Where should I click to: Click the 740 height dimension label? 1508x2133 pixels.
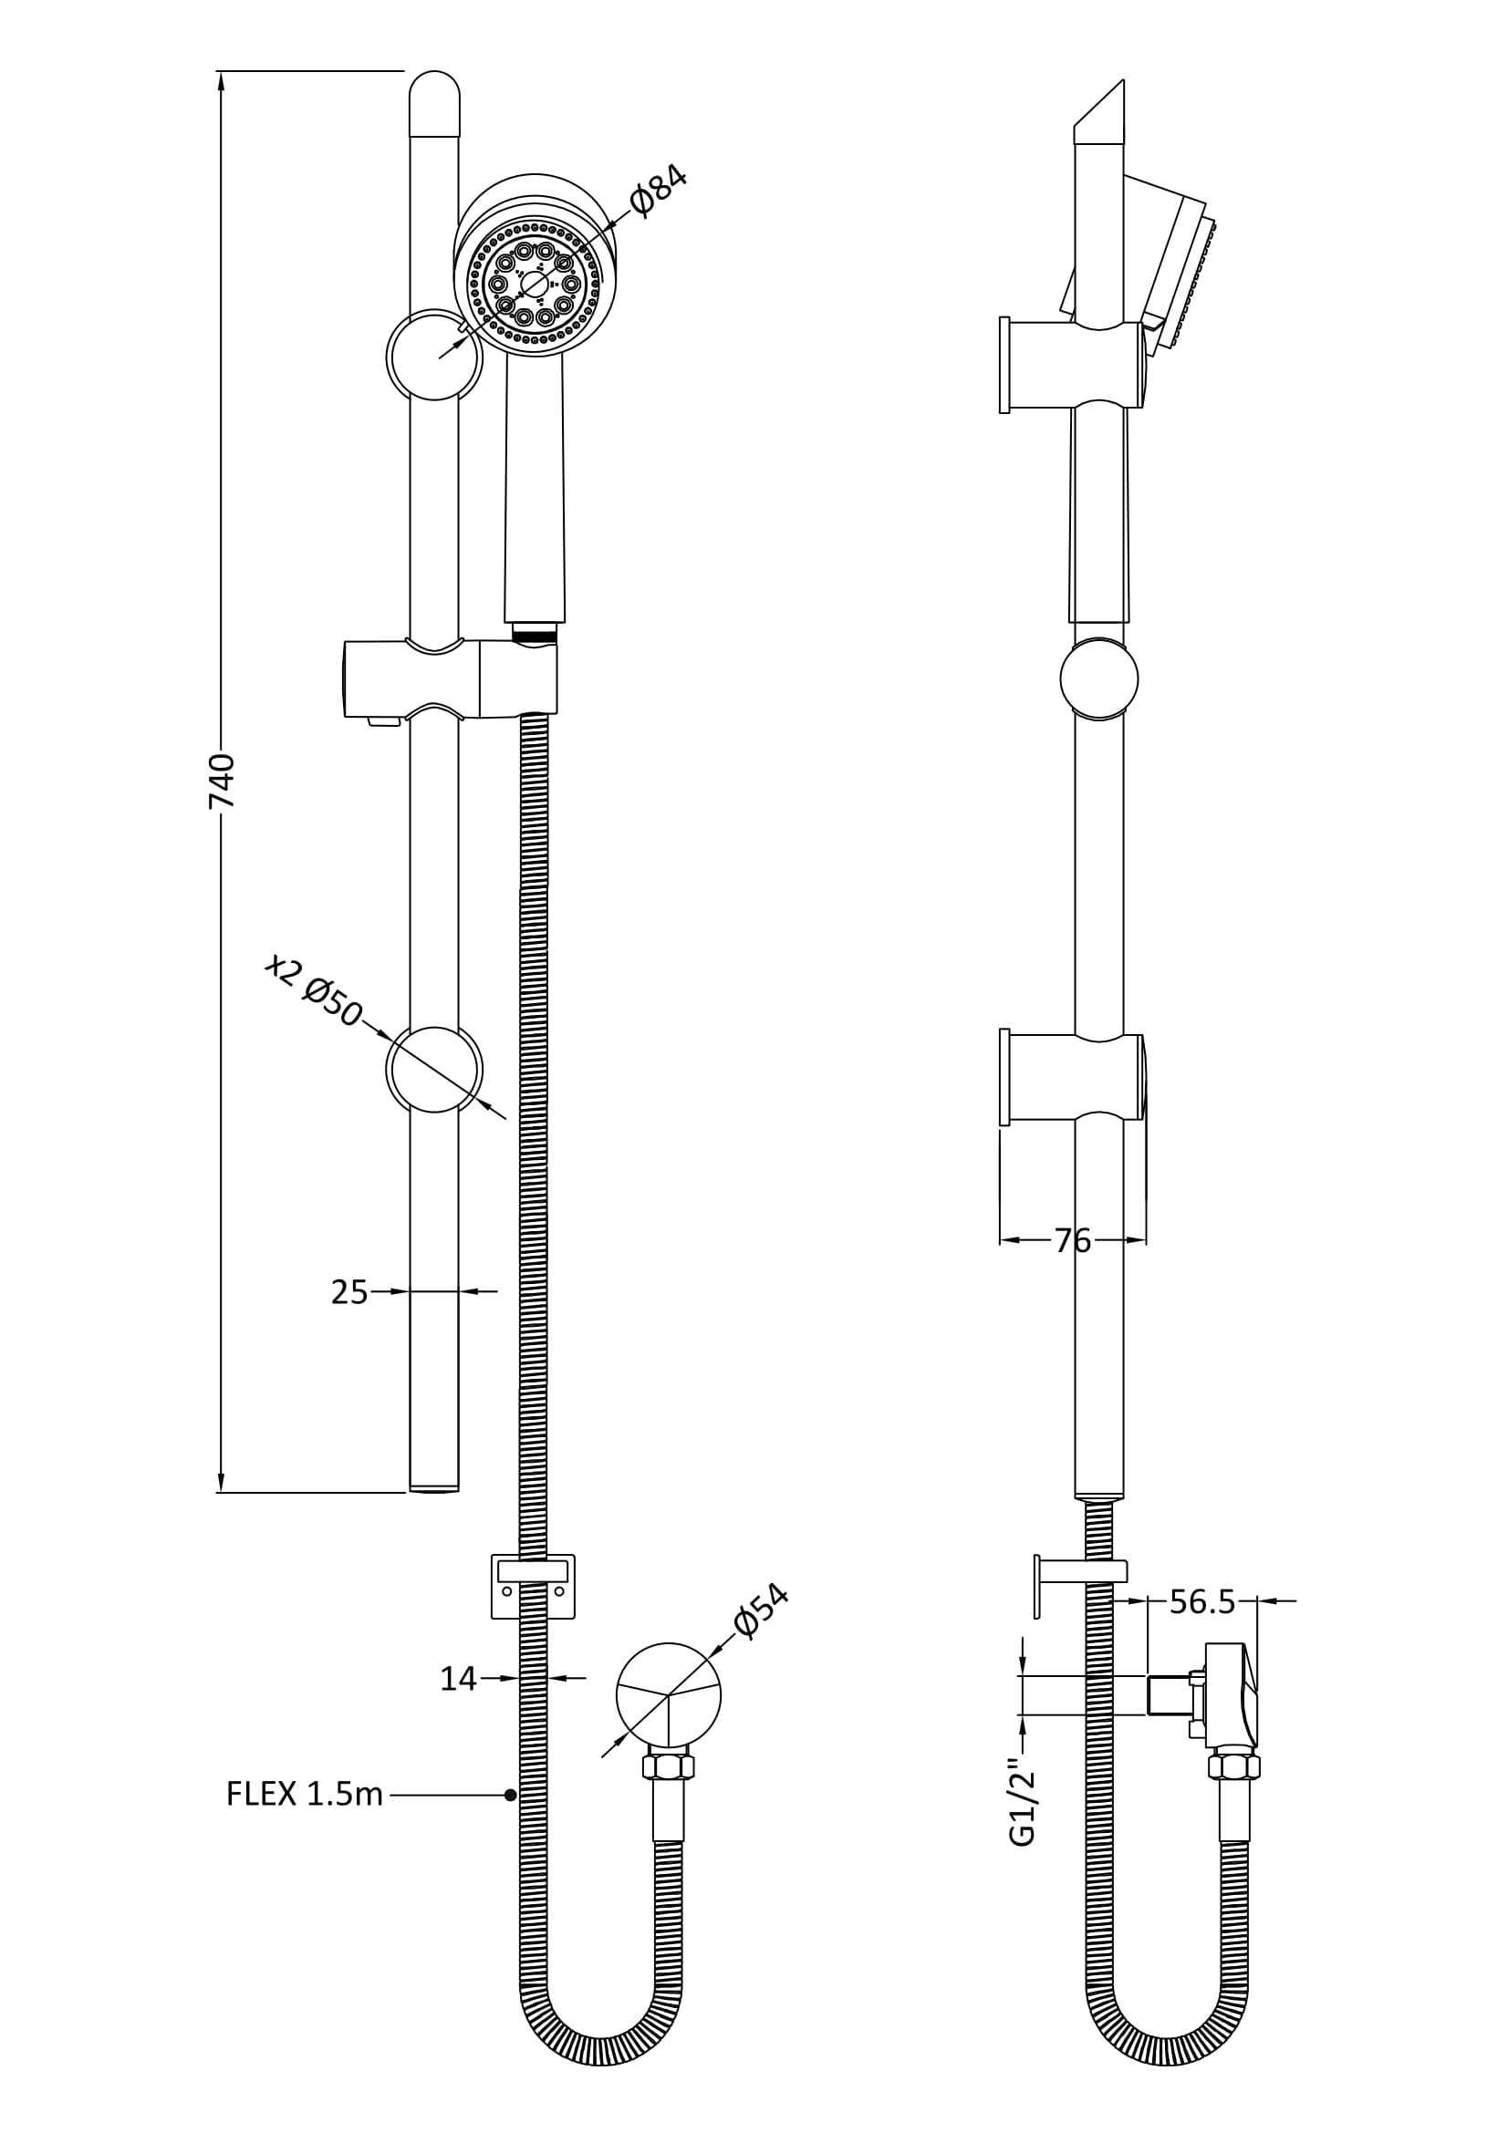[222, 782]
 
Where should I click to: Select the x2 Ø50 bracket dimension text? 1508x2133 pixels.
[313, 991]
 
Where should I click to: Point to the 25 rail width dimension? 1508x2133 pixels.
[349, 1292]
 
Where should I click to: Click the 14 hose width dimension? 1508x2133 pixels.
[458, 1679]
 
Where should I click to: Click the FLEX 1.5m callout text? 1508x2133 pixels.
[305, 1795]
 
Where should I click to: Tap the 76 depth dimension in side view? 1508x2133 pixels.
[1072, 1240]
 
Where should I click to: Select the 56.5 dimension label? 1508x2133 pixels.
[1202, 1601]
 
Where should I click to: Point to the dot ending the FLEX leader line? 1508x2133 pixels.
[510, 1795]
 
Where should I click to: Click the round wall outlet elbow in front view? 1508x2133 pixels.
[668, 1694]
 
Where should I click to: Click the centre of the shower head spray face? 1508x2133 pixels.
[535, 285]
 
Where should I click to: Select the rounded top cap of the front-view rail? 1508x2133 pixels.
[435, 102]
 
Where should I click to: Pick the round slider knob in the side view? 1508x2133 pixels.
[1099, 678]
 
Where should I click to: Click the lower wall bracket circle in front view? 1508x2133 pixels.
[434, 1070]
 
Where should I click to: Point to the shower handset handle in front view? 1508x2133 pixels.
[535, 492]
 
